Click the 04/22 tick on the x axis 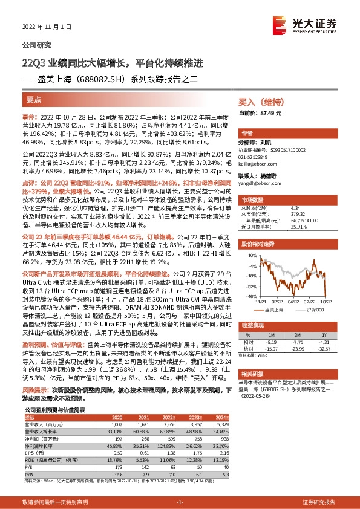coord(293,301)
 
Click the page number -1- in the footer coord(179,502)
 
